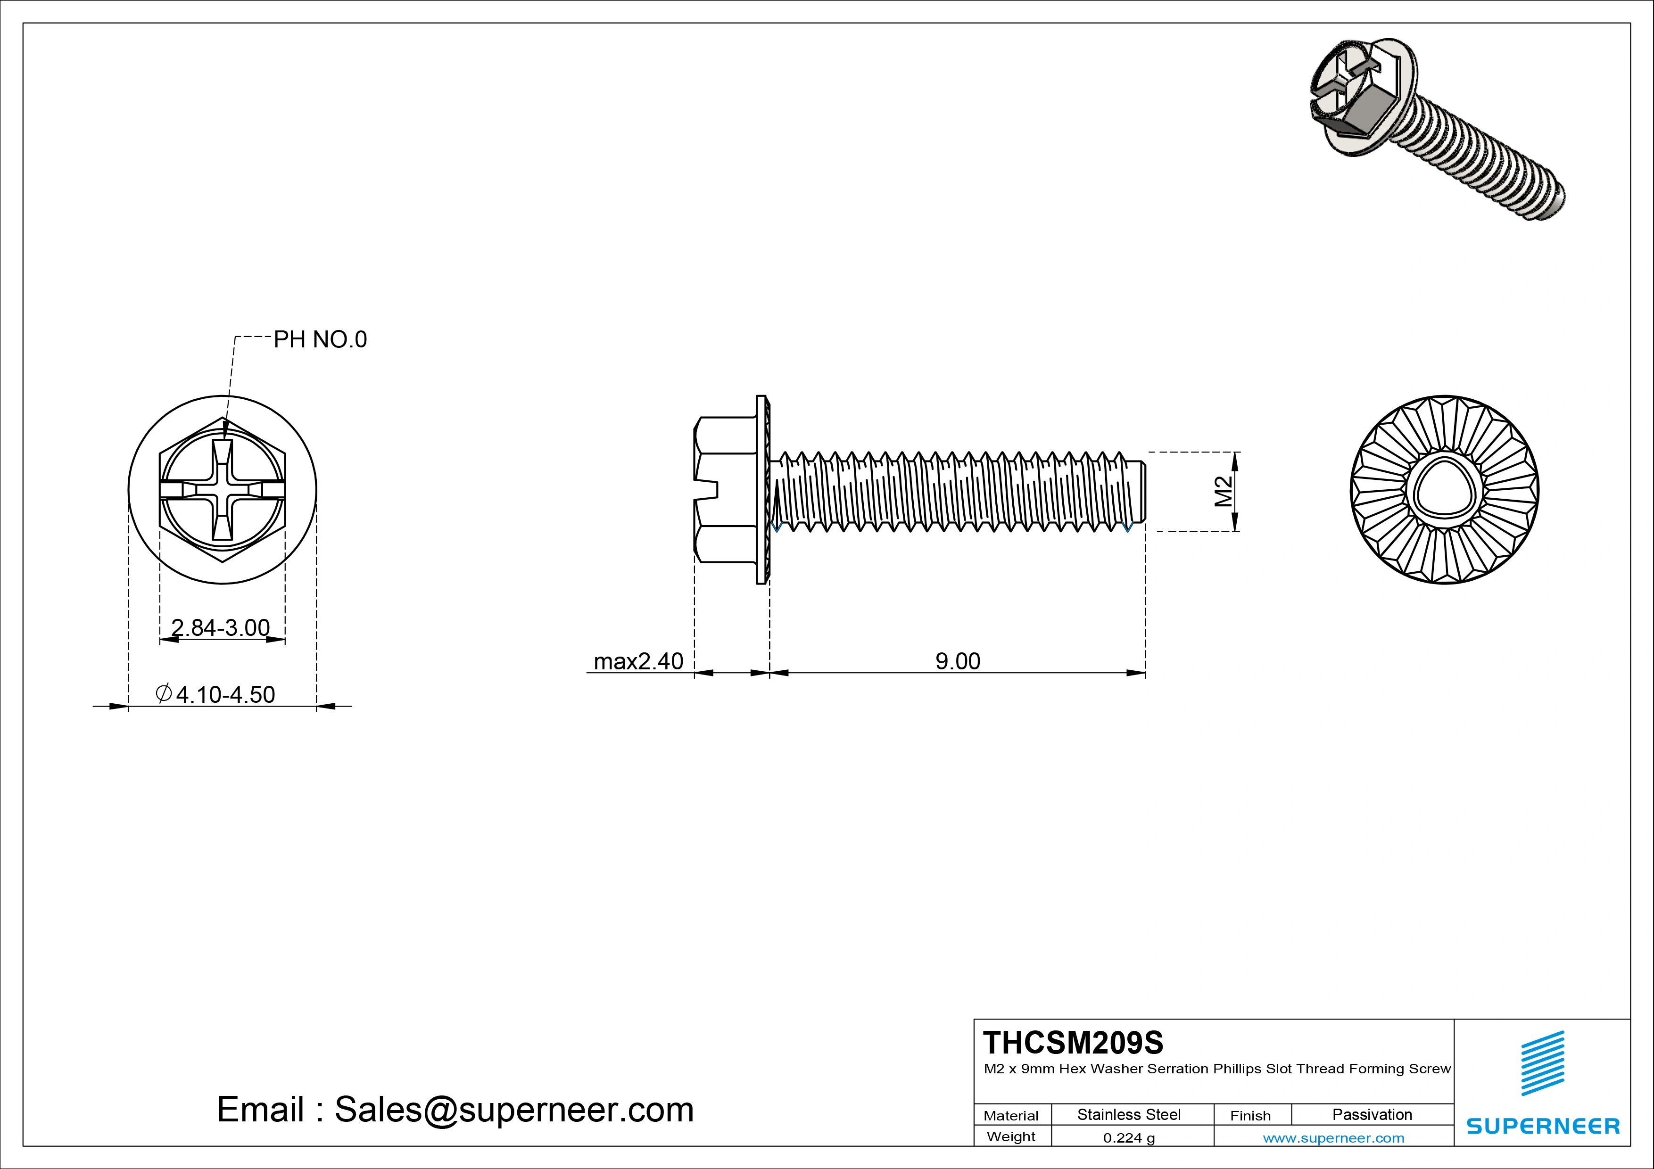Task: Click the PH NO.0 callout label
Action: pos(320,339)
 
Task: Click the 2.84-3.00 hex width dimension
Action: pos(221,627)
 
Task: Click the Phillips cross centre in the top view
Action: pos(222,491)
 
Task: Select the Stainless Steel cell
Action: pos(1128,1114)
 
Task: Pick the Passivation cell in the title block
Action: pos(1372,1114)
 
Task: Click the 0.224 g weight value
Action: pos(1128,1138)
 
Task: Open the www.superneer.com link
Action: pos(1333,1138)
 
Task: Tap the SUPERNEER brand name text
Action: pos(1542,1126)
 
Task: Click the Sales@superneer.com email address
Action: pos(513,1109)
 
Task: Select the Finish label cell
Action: pos(1250,1115)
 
